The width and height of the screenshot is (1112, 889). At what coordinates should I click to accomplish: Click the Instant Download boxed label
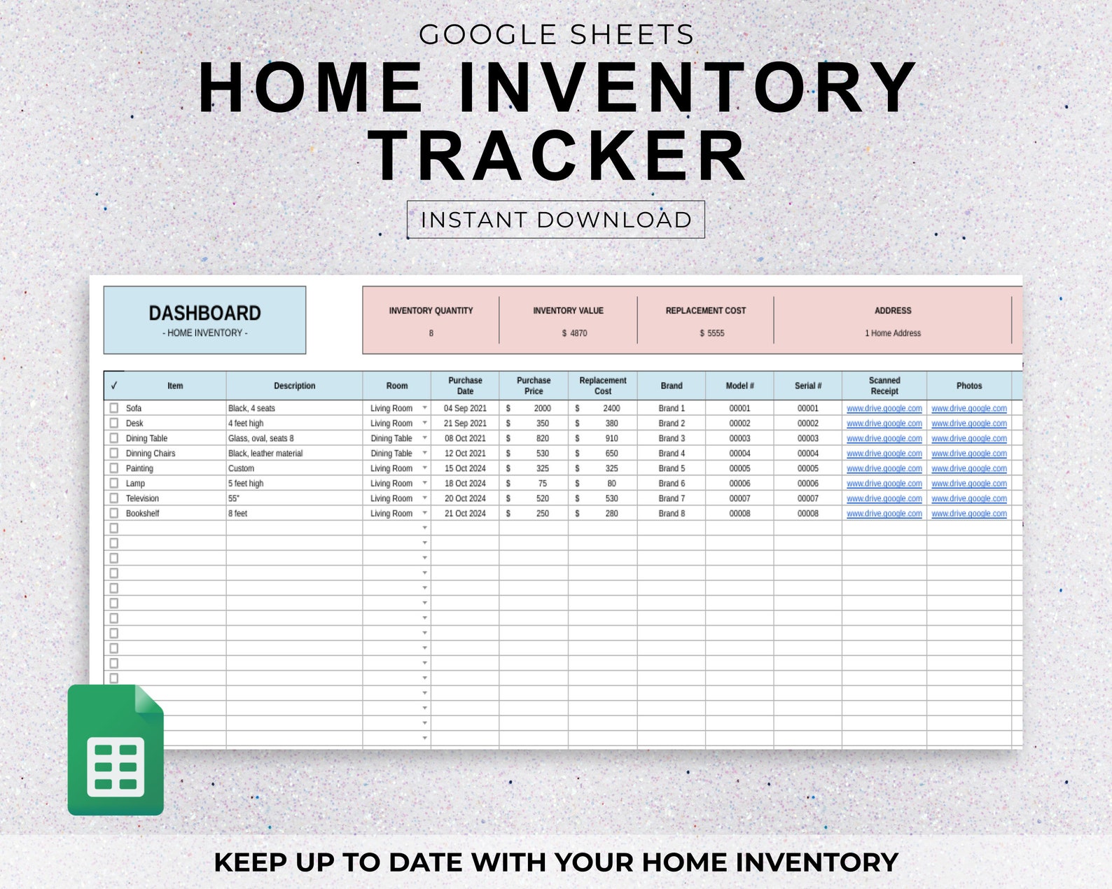[x=555, y=220]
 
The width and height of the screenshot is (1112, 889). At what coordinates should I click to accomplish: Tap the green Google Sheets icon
[x=116, y=751]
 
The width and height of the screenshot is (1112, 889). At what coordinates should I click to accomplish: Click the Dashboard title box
[x=204, y=320]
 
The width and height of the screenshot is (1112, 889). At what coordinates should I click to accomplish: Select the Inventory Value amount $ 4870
[x=574, y=333]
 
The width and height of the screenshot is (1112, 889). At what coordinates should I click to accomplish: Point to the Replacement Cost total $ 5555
[x=711, y=333]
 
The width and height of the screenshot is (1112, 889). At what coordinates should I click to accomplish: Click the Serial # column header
[x=807, y=386]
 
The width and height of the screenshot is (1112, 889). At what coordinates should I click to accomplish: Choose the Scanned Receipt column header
[x=884, y=386]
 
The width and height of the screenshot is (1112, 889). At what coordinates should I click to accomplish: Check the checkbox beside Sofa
[x=114, y=408]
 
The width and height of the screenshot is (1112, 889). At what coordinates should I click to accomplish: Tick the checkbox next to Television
[x=114, y=498]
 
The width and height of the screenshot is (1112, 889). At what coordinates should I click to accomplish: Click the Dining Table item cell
[x=147, y=438]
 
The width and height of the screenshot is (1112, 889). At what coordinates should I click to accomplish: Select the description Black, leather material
[x=265, y=454]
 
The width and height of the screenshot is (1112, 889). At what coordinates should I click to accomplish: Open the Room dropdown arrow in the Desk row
[x=424, y=423]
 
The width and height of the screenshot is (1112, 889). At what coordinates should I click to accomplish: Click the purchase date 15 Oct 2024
[x=465, y=468]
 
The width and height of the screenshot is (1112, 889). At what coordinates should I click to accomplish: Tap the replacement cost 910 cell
[x=611, y=438]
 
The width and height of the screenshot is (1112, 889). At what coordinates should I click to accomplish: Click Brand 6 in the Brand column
[x=671, y=484]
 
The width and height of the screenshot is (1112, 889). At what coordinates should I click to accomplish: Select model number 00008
[x=739, y=514]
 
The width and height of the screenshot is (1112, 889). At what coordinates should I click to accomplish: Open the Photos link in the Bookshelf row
[x=968, y=514]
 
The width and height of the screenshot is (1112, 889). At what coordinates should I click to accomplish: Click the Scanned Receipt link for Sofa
[x=884, y=408]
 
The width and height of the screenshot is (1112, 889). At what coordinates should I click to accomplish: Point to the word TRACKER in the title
[x=557, y=157]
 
